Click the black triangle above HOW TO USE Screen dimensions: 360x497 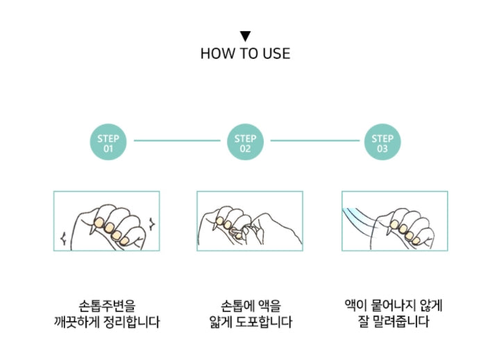(245, 36)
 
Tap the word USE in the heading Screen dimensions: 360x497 (276, 53)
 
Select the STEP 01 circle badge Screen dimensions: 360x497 (108, 143)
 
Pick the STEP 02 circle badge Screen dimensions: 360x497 (245, 143)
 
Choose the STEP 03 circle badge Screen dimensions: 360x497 (382, 143)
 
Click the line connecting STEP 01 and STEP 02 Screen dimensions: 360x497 (176, 141)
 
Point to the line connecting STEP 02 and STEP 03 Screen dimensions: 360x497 (314, 141)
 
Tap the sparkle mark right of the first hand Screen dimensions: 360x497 (150, 223)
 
